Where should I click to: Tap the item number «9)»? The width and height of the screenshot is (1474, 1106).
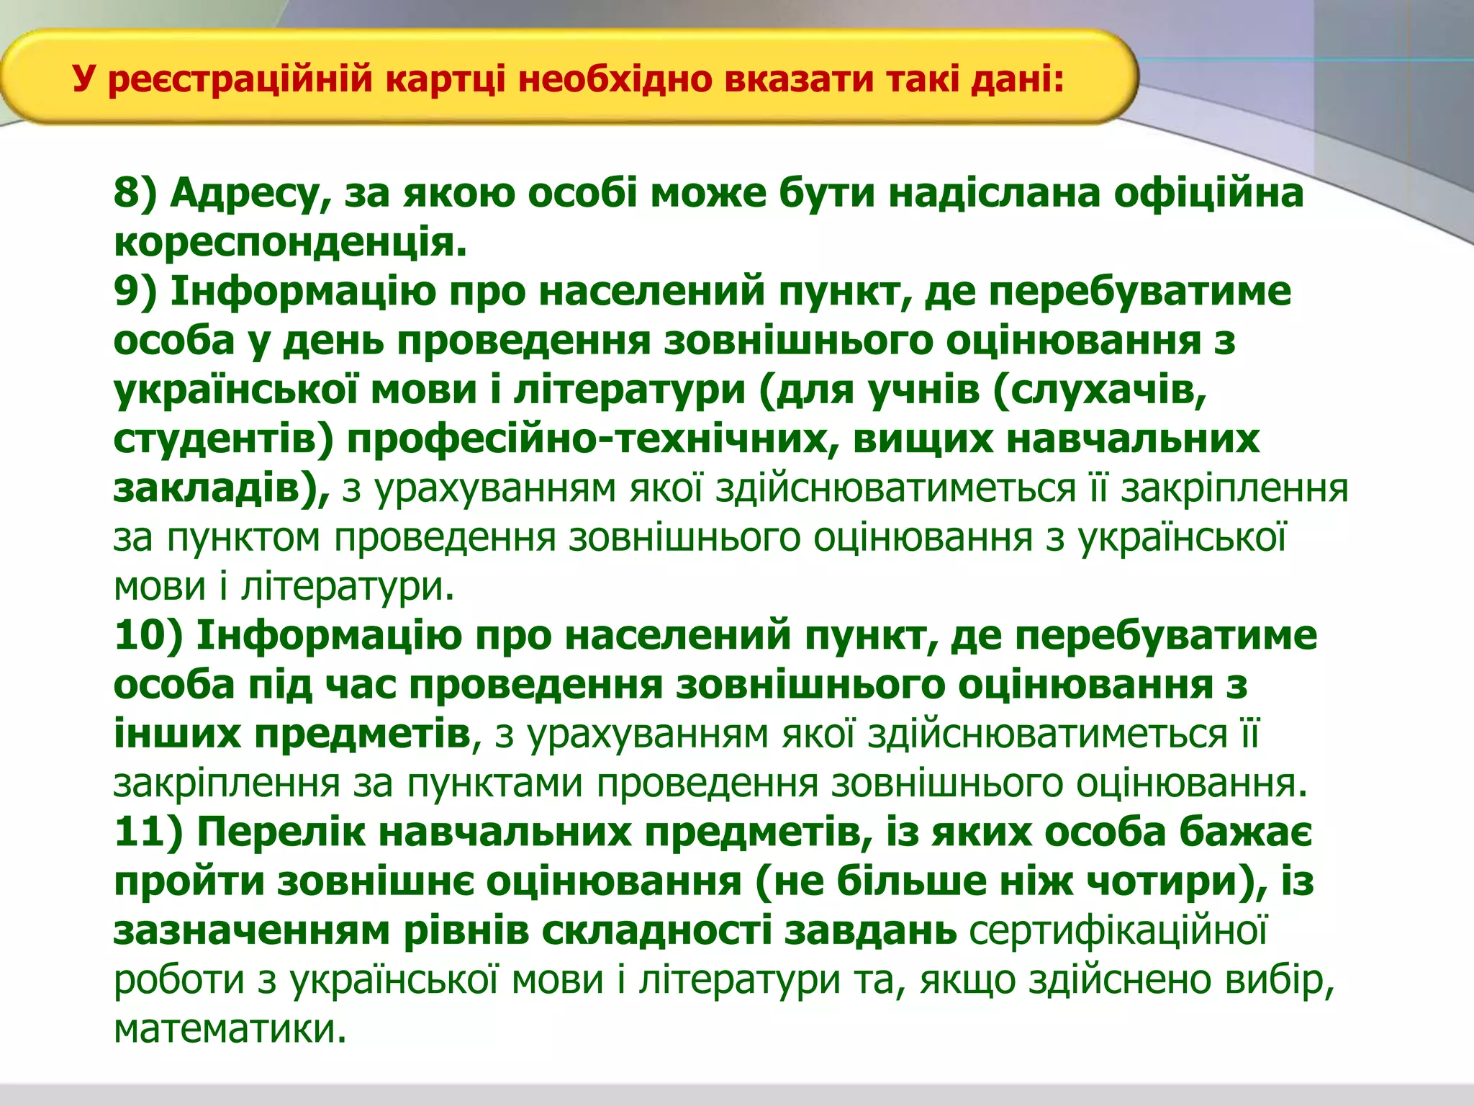click(135, 292)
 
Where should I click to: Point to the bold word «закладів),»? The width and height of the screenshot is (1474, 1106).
click(222, 488)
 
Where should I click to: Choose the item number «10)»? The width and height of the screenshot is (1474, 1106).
click(148, 636)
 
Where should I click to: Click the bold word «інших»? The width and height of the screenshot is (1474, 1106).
click(176, 734)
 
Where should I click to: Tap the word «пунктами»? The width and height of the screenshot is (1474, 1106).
click(494, 783)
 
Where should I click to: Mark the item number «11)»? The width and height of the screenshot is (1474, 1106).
click(148, 832)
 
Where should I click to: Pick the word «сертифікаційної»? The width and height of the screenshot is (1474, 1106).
click(1118, 930)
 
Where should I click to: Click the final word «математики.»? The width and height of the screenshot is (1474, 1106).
click(230, 1029)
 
